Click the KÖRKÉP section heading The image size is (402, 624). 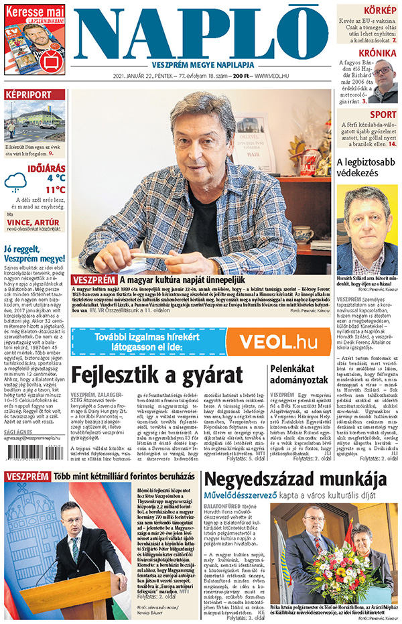click(380, 10)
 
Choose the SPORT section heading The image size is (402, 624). click(383, 115)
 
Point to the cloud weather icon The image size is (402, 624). click(16, 182)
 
